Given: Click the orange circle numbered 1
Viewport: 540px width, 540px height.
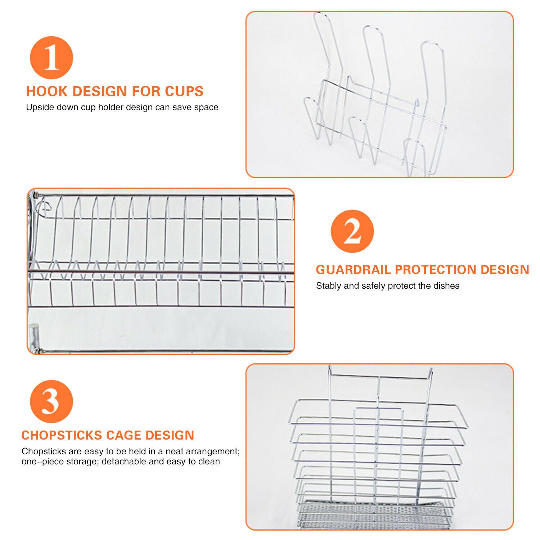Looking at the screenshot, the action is (51, 58).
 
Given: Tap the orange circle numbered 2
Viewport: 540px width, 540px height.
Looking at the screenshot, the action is (352, 231).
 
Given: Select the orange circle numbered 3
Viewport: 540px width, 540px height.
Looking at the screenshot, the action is (51, 401).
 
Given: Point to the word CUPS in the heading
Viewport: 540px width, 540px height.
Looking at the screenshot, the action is (184, 91).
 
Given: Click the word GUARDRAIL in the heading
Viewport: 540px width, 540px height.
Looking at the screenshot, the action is (353, 270).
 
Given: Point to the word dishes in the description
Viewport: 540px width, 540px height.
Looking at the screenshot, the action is (447, 286).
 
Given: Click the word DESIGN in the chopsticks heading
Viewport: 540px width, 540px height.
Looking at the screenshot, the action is (170, 435).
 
